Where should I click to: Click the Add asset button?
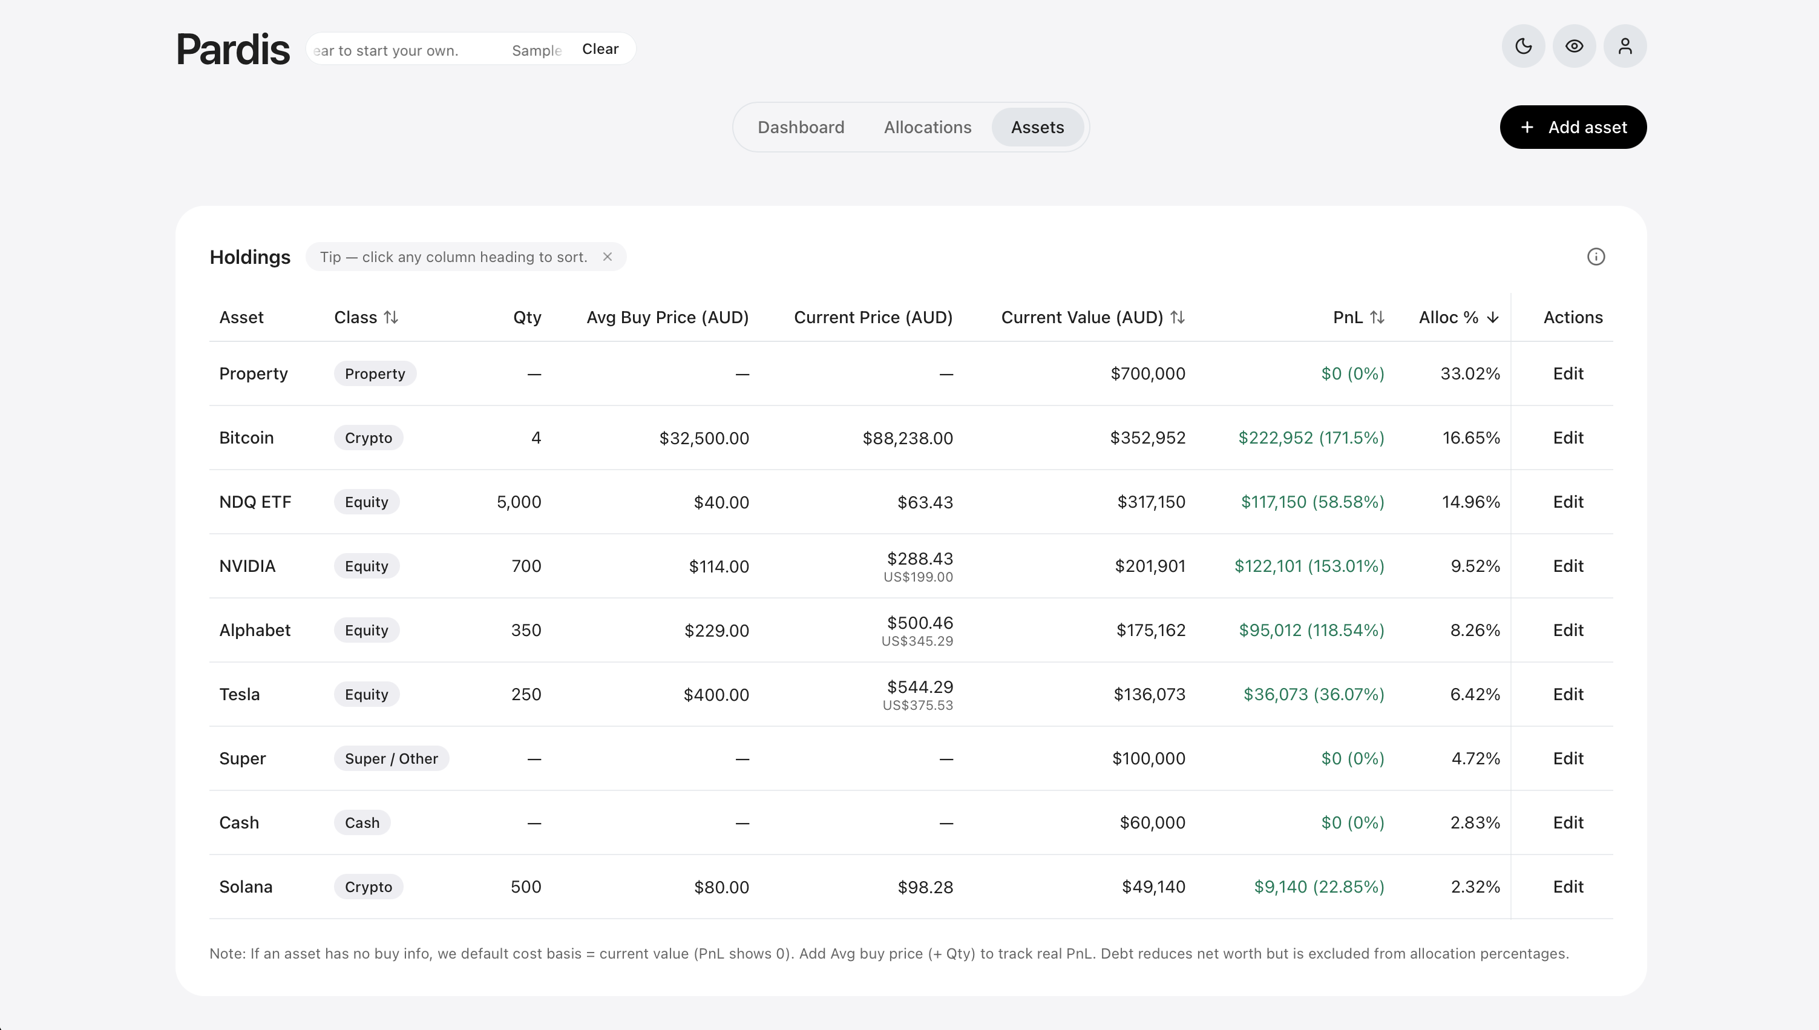coord(1573,127)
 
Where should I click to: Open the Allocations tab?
coord(927,127)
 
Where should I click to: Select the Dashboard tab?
coord(801,127)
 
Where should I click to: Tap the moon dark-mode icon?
coord(1523,47)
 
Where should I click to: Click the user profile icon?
coord(1625,47)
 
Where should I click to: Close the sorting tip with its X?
coord(608,257)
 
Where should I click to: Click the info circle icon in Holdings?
coord(1596,257)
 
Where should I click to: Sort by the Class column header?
coord(366,318)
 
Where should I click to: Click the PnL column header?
coord(1359,318)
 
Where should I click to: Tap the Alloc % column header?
coord(1459,318)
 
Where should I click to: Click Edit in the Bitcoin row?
coord(1568,438)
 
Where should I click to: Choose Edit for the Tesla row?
coord(1568,695)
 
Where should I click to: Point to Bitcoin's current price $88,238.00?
coord(907,439)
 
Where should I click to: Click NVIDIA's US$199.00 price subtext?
coord(918,577)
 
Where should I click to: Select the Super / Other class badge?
coord(391,758)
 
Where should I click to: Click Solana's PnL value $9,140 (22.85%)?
coord(1319,887)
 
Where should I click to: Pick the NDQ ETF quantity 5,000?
coord(519,502)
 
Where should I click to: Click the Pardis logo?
coord(233,50)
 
